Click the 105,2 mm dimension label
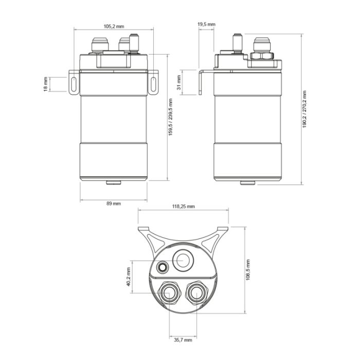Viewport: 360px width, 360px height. coord(113,26)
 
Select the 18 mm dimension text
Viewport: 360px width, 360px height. coord(46,84)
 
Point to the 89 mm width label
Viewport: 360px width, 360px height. coord(113,204)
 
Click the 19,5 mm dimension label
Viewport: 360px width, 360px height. coord(206,24)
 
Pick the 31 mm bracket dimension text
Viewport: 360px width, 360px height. coord(178,82)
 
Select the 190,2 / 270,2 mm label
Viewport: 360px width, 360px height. coord(304,110)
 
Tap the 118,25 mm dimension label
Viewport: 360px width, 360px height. coord(183,206)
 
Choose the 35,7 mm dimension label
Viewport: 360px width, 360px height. coord(183,340)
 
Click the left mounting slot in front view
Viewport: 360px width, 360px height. coord(73,84)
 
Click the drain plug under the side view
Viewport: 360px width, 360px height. coord(248,183)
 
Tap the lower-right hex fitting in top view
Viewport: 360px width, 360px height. coord(196,294)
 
